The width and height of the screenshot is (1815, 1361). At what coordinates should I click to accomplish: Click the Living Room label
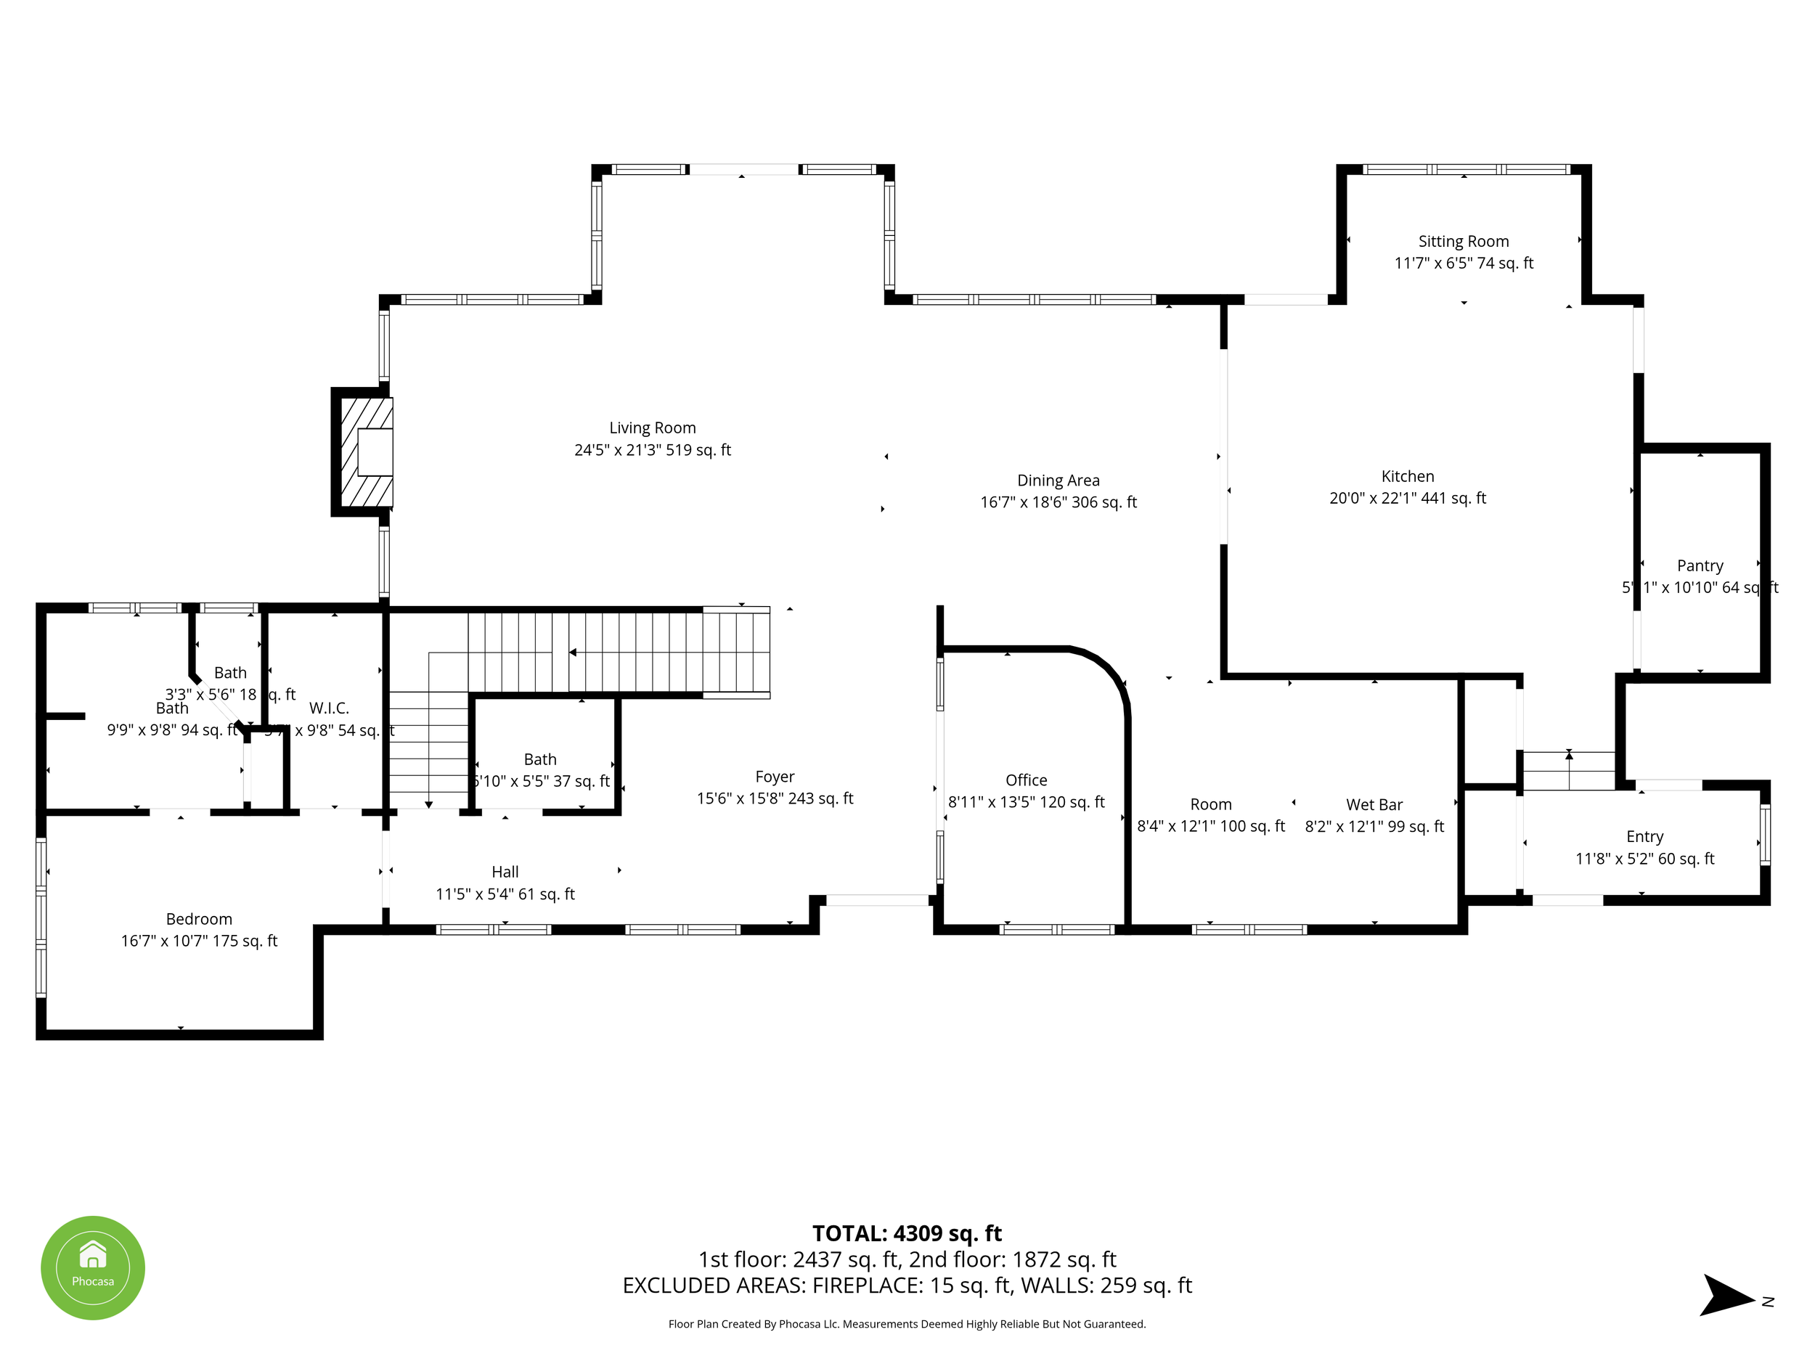[653, 428]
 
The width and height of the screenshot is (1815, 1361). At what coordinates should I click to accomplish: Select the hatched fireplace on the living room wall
[367, 452]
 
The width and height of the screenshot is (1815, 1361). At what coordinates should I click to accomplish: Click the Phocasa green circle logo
[93, 1267]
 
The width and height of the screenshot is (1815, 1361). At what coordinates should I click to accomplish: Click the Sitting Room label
[1463, 241]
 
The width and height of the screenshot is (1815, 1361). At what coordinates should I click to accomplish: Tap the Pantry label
[1700, 565]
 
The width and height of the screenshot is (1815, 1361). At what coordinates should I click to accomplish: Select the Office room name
[1026, 780]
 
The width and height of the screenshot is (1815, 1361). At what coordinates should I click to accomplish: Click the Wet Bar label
[1374, 805]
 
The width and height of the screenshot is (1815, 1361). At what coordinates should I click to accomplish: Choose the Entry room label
[1644, 837]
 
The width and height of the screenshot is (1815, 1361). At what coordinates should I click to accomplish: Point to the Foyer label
[775, 776]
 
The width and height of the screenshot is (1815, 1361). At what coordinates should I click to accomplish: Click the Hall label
[505, 872]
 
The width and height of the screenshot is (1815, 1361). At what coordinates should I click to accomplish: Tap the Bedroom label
[199, 919]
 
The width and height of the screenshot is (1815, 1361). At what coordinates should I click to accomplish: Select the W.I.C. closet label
[329, 708]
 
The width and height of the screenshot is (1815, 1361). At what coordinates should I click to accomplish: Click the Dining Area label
[1058, 480]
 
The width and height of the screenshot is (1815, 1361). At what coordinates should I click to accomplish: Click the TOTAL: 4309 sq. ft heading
[907, 1233]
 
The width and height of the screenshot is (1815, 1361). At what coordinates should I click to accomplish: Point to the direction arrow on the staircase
[573, 653]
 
